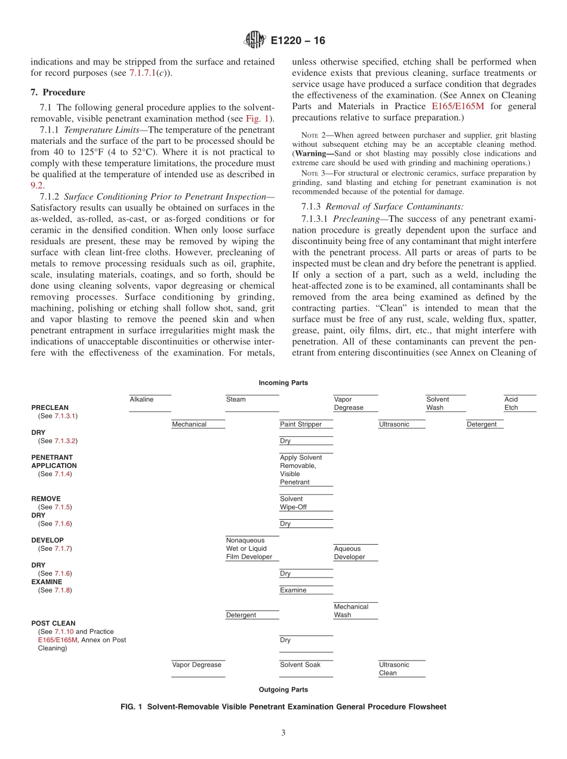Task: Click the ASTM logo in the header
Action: coord(255,40)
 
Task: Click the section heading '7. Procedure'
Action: coord(58,92)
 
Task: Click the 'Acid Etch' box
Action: coord(520,403)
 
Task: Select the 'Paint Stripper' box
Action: coord(306,424)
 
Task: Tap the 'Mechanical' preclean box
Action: coord(198,424)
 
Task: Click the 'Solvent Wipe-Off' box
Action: coord(306,503)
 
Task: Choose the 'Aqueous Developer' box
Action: coord(355,553)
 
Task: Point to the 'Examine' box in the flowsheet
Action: coord(306,590)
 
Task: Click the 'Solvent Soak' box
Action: coord(306,665)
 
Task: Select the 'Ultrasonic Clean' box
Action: coord(402,669)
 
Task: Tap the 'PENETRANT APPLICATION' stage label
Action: coord(54,461)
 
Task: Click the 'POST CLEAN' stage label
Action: coord(53,623)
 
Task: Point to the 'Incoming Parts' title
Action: coord(283,382)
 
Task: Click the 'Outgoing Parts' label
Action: coord(283,689)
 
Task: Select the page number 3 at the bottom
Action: coord(283,733)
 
